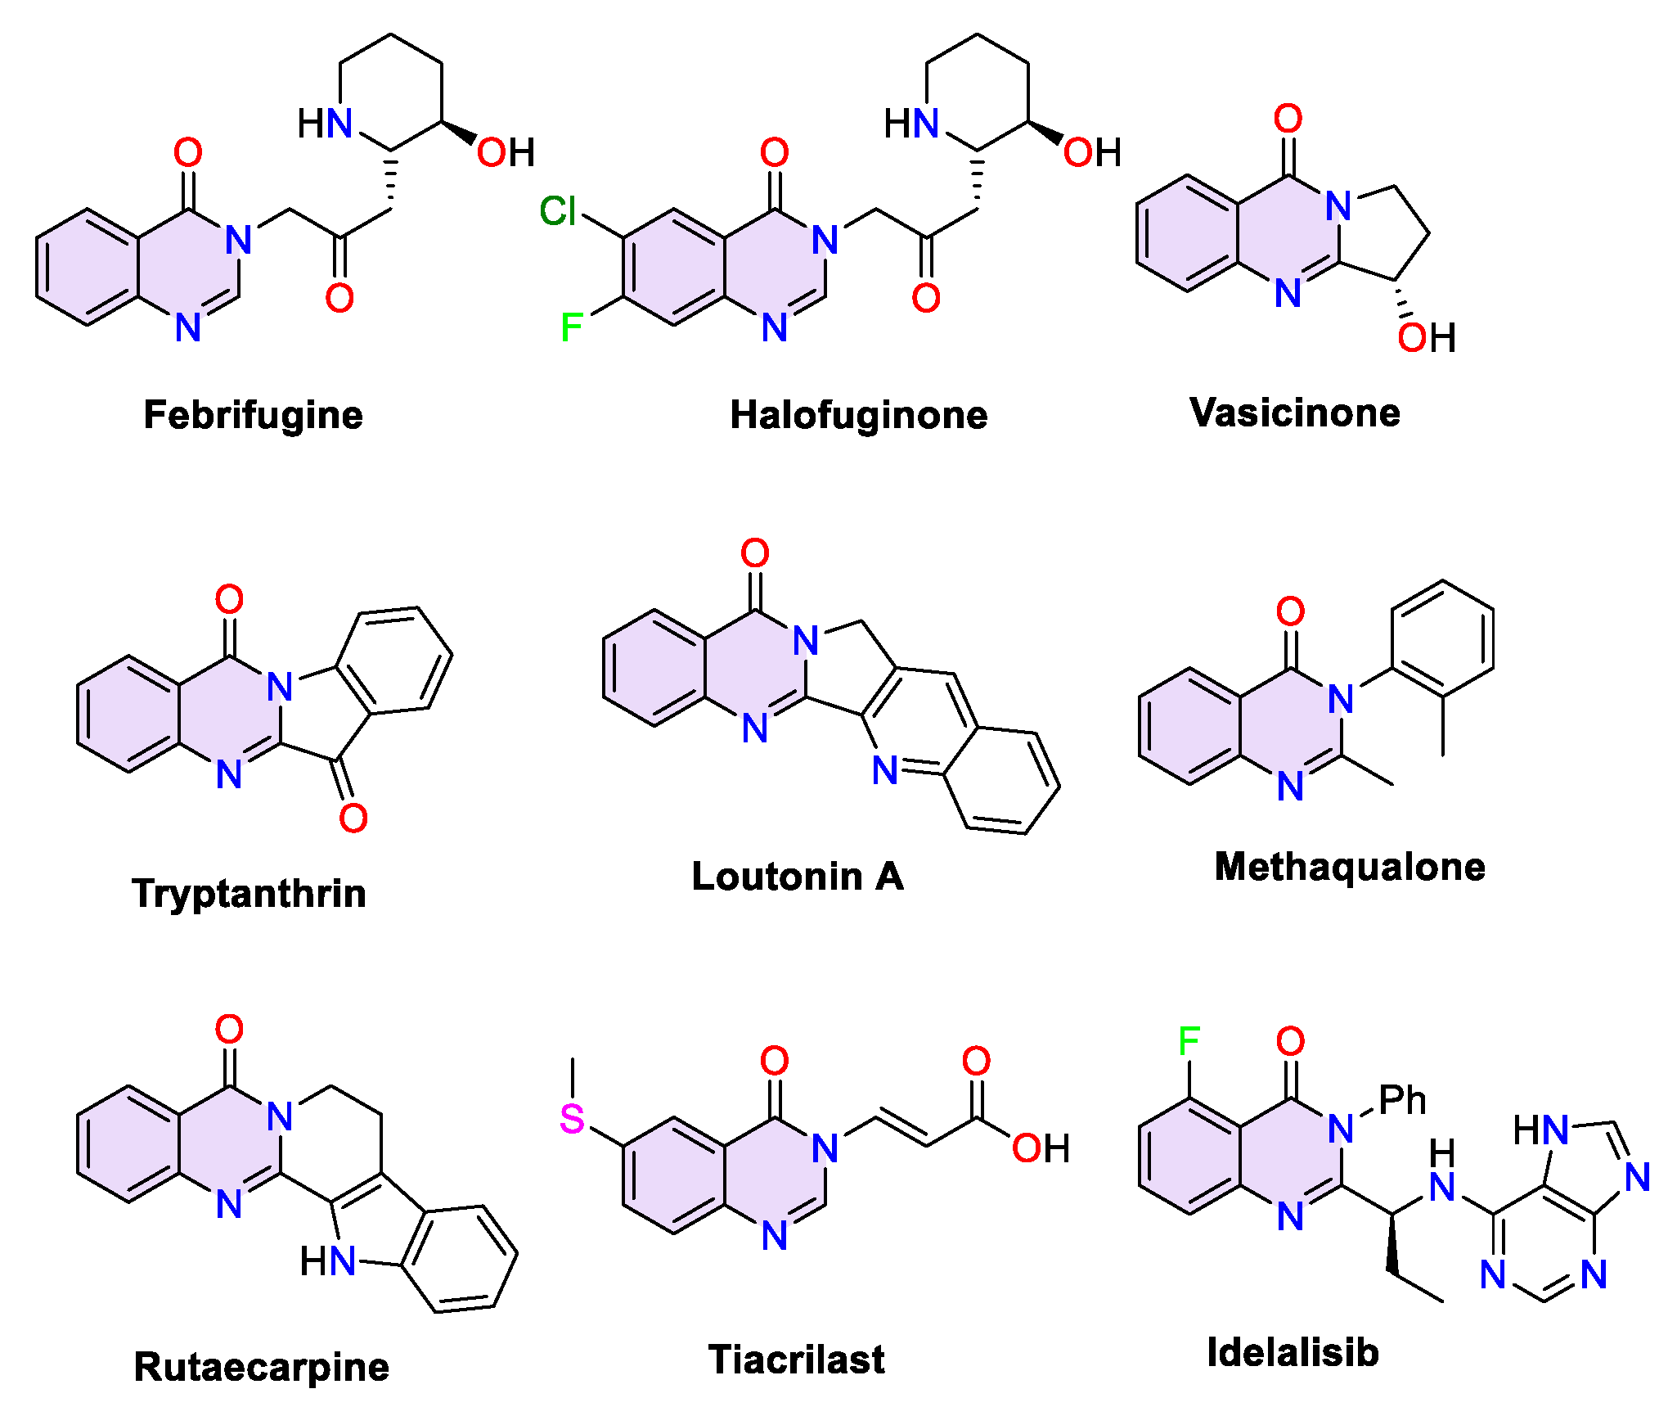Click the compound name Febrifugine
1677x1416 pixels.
pos(253,415)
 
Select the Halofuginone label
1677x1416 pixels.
pos(858,415)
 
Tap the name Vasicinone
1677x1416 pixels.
pos(1294,413)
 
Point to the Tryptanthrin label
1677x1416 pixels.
pos(249,893)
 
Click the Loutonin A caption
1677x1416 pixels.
pos(798,877)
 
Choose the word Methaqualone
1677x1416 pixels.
pos(1350,867)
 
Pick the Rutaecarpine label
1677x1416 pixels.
pos(261,1367)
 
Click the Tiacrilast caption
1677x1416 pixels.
pos(796,1360)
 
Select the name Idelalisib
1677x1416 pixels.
pos(1293,1352)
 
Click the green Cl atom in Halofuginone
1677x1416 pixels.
pos(559,211)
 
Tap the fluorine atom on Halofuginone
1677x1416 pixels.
pos(571,328)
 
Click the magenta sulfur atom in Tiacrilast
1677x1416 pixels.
pos(572,1119)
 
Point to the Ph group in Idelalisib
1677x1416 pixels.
pos(1402,1100)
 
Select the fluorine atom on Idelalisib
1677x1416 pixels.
pos(1189,1041)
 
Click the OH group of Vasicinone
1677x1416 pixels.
pos(1426,337)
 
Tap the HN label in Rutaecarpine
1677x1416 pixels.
pos(327,1261)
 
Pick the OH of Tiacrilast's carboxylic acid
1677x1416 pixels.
pos(1041,1148)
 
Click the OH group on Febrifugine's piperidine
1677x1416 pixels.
pos(506,152)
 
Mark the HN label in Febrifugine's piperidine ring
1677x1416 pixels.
pos(325,124)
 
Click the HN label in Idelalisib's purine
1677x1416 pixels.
pos(1540,1130)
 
